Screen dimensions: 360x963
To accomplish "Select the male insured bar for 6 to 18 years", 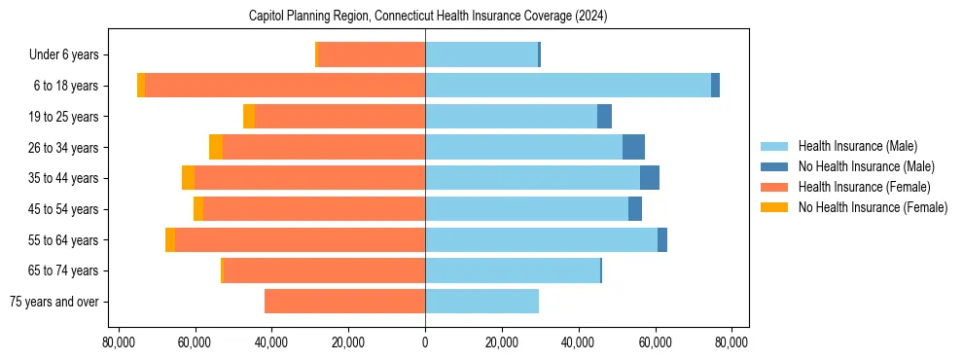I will tap(568, 86).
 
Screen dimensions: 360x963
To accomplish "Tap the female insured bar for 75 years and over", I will tap(344, 302).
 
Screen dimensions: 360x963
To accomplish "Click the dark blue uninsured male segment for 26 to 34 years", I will tap(633, 147).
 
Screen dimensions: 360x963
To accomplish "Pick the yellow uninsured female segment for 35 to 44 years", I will tap(188, 178).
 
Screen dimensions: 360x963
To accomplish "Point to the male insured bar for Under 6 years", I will tap(481, 54).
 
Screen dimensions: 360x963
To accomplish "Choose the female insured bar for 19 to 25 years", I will tap(339, 117).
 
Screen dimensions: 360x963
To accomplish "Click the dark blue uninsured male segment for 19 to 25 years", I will tap(604, 117).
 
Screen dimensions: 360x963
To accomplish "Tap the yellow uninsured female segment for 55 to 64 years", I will tap(170, 239).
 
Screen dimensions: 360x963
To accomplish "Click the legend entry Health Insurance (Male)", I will tap(857, 146).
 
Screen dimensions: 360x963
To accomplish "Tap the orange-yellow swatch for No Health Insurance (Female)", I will tap(775, 207).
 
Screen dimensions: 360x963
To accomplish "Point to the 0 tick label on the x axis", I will tap(425, 342).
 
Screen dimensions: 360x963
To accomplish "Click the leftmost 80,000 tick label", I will tap(119, 342).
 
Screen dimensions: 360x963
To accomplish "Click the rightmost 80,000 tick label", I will tap(731, 342).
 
